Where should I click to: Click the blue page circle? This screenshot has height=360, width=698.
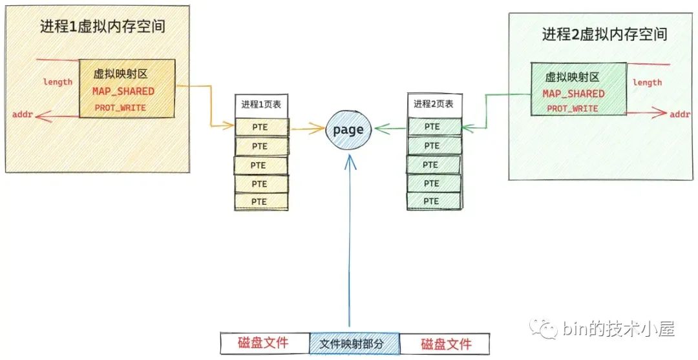(x=348, y=131)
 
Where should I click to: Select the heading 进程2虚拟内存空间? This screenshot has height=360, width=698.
(x=604, y=35)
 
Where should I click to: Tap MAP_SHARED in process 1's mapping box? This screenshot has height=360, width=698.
(x=123, y=91)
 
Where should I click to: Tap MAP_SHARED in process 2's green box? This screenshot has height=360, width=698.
(x=574, y=94)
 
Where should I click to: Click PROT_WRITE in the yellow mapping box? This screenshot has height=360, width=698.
(x=120, y=107)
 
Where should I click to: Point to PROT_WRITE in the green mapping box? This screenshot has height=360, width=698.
(x=573, y=109)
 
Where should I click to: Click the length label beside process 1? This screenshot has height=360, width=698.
(x=58, y=82)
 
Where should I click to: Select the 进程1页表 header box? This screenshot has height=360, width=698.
(x=260, y=105)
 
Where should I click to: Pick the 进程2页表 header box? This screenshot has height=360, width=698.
(x=434, y=104)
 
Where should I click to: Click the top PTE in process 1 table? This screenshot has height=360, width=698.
(x=260, y=128)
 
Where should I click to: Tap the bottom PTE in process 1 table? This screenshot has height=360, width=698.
(x=260, y=202)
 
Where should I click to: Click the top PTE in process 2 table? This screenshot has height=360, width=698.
(x=433, y=127)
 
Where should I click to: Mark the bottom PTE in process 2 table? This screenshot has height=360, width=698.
(x=433, y=200)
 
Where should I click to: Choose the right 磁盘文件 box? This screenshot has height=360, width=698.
(x=445, y=344)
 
